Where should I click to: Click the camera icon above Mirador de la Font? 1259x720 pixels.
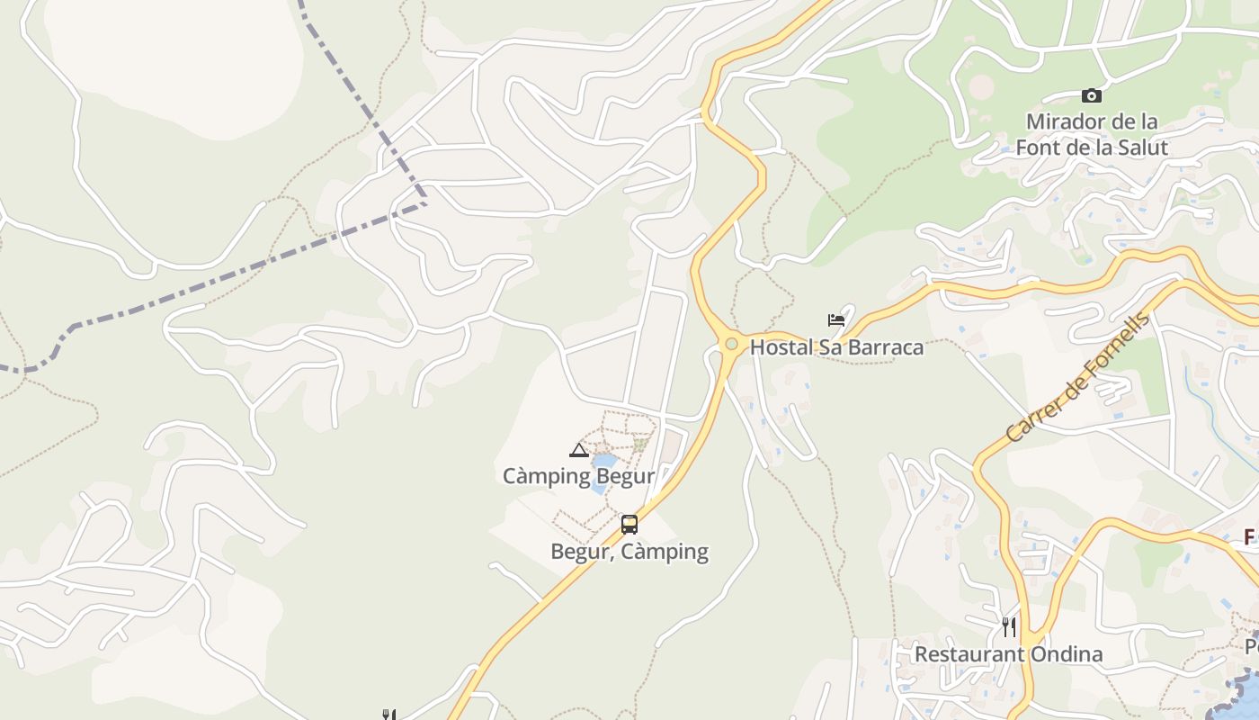pyautogui.click(x=1091, y=95)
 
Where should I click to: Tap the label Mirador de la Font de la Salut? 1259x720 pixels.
pyautogui.click(x=1091, y=134)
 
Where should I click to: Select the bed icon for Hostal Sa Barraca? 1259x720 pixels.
pyautogui.click(x=836, y=319)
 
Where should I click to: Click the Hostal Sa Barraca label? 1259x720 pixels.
pyautogui.click(x=836, y=347)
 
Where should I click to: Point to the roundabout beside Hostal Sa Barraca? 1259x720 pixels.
pyautogui.click(x=731, y=344)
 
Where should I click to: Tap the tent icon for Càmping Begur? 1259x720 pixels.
pyautogui.click(x=579, y=450)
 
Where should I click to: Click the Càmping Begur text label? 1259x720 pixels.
pyautogui.click(x=578, y=476)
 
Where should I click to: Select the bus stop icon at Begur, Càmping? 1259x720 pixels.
pyautogui.click(x=629, y=524)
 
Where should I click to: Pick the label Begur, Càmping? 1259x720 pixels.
pyautogui.click(x=629, y=551)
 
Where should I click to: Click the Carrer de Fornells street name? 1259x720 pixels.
pyautogui.click(x=1077, y=378)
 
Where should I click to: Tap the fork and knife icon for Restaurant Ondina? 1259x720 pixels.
pyautogui.click(x=1009, y=626)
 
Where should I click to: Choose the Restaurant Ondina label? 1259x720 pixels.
pyautogui.click(x=1008, y=654)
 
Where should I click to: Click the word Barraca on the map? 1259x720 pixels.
pyautogui.click(x=883, y=347)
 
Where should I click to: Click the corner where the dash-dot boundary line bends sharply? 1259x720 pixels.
pyautogui.click(x=424, y=202)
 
